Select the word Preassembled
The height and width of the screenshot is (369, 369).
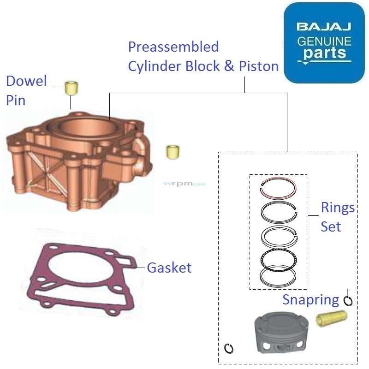point(173,47)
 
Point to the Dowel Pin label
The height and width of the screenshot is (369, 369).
point(26,90)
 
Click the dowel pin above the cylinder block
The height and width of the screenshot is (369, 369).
point(71,87)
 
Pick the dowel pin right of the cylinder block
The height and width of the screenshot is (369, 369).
point(173,152)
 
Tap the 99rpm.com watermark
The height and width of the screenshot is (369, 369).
point(184,184)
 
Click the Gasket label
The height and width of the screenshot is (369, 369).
point(169,268)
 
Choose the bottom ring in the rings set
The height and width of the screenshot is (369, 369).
point(278,276)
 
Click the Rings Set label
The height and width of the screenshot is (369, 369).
point(338,217)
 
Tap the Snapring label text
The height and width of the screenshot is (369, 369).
point(310,300)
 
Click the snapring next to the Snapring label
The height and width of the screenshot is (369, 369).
point(348,300)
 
